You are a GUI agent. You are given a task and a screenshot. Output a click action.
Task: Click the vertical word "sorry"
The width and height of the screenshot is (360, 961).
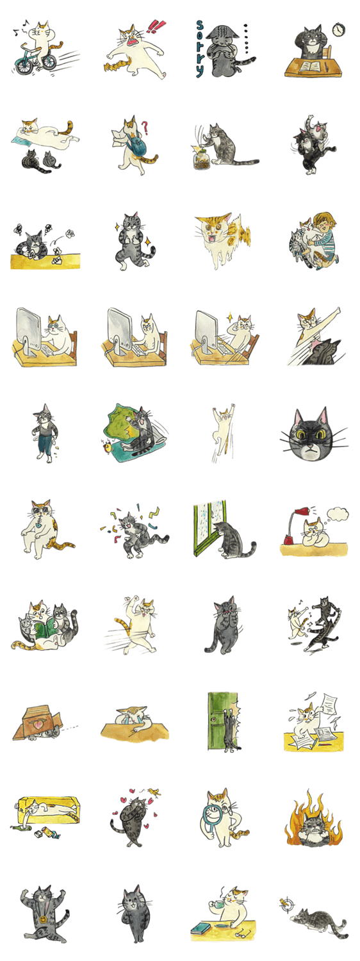200,49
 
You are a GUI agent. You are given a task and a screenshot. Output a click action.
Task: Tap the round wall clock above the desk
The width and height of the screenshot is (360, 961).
339,29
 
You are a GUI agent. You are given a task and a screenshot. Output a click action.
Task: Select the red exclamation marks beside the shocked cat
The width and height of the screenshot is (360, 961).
152,26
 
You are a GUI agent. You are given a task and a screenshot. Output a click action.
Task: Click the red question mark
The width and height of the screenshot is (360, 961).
145,127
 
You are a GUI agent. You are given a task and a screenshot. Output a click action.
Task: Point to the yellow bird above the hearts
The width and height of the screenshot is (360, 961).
155,791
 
